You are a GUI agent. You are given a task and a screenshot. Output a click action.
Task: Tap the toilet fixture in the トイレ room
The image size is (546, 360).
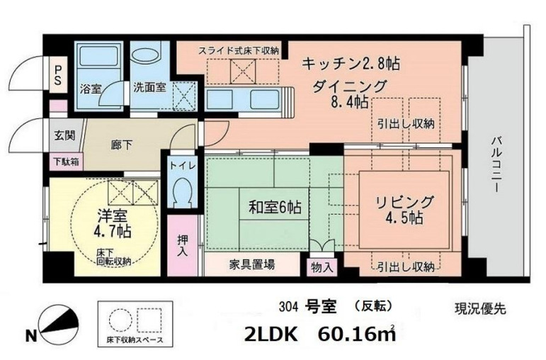(182, 191)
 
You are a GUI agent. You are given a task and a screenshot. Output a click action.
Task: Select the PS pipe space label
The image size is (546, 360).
(57, 74)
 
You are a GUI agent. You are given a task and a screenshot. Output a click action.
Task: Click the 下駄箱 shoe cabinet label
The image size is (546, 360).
(64, 161)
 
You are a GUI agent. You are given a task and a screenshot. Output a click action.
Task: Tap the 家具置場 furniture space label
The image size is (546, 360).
(252, 264)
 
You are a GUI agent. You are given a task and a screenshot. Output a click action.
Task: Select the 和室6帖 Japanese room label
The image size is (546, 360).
(274, 208)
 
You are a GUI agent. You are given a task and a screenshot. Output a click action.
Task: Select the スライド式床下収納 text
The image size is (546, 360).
(238, 50)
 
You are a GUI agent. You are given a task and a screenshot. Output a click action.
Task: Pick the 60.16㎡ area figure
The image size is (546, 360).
(355, 332)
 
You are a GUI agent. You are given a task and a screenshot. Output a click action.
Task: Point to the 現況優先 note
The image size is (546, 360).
(479, 308)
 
